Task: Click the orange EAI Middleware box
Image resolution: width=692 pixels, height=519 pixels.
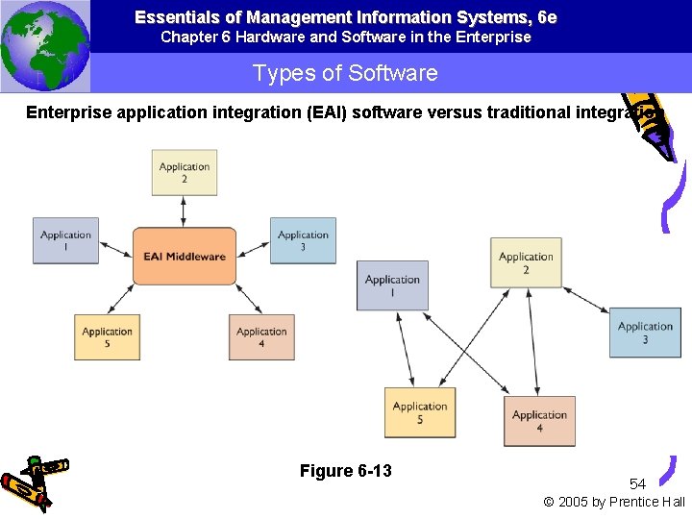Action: [x=184, y=256]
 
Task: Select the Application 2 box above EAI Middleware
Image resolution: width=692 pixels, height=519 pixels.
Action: [x=184, y=173]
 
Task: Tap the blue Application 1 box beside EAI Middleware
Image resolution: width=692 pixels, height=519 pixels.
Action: [x=65, y=240]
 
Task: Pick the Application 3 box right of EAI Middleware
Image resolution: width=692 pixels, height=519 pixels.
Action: [x=303, y=240]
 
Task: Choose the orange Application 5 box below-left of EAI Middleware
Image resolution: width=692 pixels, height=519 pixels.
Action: [x=107, y=337]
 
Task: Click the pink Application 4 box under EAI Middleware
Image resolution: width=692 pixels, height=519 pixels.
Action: [x=261, y=337]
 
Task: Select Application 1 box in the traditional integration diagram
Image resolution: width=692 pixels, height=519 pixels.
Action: [x=392, y=285]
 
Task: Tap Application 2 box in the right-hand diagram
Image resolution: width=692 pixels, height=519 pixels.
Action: [x=526, y=262]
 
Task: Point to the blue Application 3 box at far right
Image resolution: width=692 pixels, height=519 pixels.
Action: [x=645, y=333]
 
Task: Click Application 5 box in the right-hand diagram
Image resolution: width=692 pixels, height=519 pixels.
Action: [x=420, y=412]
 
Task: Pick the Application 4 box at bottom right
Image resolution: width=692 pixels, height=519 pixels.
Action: [x=539, y=421]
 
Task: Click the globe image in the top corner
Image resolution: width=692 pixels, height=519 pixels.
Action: [x=44, y=44]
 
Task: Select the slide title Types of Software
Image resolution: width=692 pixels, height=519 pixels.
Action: [x=345, y=74]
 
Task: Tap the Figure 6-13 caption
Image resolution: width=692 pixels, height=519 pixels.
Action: [x=345, y=471]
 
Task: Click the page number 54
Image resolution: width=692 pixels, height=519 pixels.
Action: [x=637, y=483]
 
